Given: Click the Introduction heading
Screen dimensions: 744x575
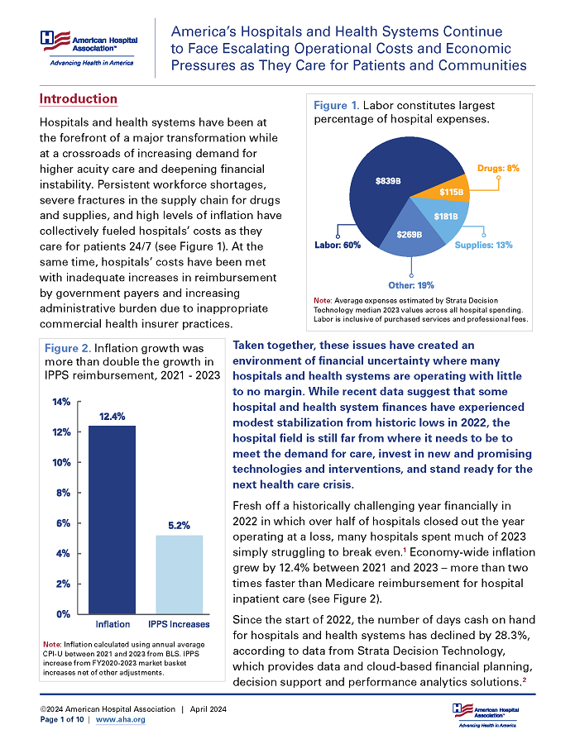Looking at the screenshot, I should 79,99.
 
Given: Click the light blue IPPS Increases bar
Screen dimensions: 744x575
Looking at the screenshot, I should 179,575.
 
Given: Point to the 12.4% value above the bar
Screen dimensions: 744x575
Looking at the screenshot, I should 113,416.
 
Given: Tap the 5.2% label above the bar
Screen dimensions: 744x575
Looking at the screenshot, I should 179,525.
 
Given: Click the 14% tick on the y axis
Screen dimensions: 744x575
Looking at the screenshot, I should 61,402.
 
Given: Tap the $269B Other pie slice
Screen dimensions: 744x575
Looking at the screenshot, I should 408,234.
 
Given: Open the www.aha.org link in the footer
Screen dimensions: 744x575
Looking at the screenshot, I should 121,720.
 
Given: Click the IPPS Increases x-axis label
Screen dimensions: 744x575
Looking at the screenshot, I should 179,624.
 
